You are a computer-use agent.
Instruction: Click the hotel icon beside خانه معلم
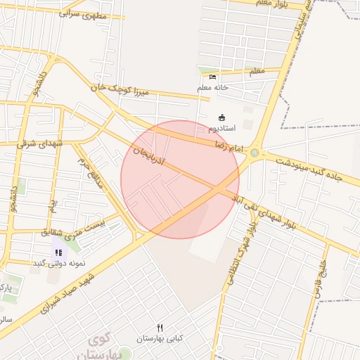(x=213, y=77)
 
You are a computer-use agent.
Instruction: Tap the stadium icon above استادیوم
(x=222, y=117)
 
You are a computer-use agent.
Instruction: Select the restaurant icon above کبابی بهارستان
(x=160, y=328)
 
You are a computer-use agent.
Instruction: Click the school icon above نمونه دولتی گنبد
(x=58, y=252)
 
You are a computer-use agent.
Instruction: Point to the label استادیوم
(x=222, y=129)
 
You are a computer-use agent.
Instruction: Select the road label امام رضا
(x=228, y=146)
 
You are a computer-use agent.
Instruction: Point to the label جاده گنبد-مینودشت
(x=309, y=167)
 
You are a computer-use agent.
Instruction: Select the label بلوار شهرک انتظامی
(x=240, y=252)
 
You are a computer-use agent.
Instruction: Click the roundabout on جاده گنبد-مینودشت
(x=255, y=153)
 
